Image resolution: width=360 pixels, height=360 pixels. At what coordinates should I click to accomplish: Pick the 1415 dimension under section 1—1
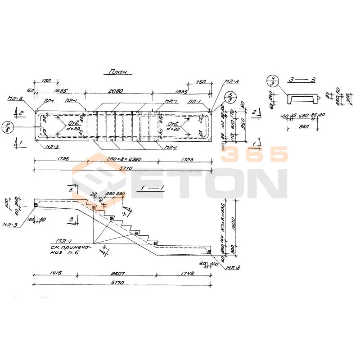click(56, 273)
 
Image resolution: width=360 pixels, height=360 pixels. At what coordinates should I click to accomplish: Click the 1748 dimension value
click(183, 273)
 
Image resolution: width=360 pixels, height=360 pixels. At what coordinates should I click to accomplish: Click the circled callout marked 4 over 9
click(272, 81)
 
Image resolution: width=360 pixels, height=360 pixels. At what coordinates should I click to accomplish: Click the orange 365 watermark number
click(254, 154)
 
